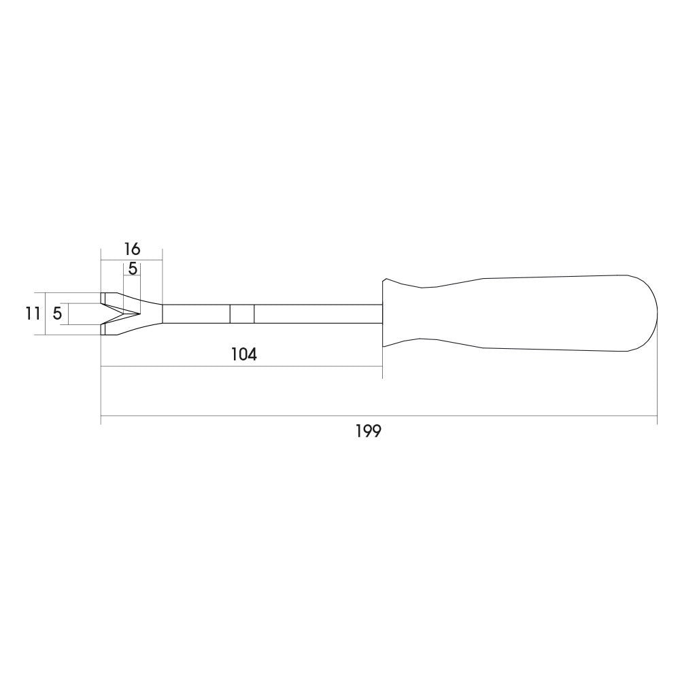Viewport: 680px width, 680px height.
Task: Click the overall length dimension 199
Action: tap(368, 432)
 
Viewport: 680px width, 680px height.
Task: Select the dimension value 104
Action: tap(243, 355)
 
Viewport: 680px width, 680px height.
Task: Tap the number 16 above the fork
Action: tap(132, 249)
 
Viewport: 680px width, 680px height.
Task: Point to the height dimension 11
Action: tap(32, 313)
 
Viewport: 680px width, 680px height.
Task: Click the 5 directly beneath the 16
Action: tap(133, 269)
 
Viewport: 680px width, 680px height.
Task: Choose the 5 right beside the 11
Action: tap(57, 313)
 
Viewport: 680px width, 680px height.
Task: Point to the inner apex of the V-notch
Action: tap(140, 313)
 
